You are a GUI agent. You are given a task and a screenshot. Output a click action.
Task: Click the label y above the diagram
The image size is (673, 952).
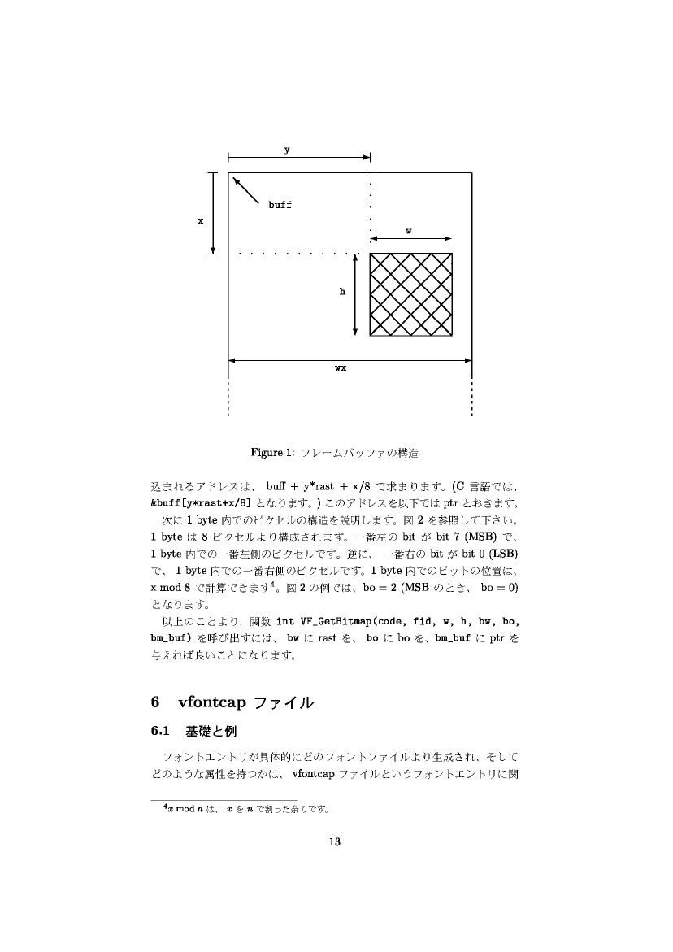pyautogui.click(x=286, y=149)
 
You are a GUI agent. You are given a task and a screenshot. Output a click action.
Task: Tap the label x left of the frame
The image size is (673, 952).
pyautogui.click(x=201, y=220)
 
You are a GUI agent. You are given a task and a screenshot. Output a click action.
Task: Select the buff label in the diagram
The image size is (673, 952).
pyautogui.click(x=280, y=206)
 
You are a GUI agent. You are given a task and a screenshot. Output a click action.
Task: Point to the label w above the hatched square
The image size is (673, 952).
pyautogui.click(x=408, y=230)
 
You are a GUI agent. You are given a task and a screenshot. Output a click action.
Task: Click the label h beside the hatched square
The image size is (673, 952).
pyautogui.click(x=343, y=291)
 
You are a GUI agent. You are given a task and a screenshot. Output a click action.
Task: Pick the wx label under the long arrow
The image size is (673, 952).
pyautogui.click(x=341, y=368)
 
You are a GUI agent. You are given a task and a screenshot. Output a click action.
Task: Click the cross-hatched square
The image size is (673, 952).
pyautogui.click(x=411, y=294)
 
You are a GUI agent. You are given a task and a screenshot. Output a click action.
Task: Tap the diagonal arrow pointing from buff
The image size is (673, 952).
pyautogui.click(x=246, y=190)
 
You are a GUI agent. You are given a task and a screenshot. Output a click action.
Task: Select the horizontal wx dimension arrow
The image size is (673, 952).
pyautogui.click(x=350, y=359)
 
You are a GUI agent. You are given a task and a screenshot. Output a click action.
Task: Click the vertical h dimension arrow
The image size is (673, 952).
pyautogui.click(x=356, y=294)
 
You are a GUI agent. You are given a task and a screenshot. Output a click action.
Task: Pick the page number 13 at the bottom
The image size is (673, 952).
pyautogui.click(x=333, y=841)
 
